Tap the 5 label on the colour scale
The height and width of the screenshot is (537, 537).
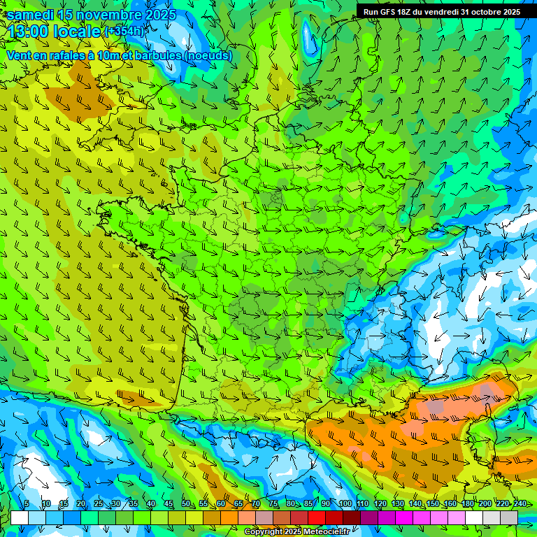click(26, 504)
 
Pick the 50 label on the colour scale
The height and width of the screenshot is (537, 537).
click(185, 504)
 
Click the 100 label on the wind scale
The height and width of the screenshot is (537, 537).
click(345, 504)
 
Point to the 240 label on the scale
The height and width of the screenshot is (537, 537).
click(520, 504)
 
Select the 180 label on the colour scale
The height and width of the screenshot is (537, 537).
click(467, 504)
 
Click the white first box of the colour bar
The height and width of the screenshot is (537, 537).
click(20, 517)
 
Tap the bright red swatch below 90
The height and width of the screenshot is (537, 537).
click(317, 517)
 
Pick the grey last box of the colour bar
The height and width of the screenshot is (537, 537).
click(509, 517)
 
